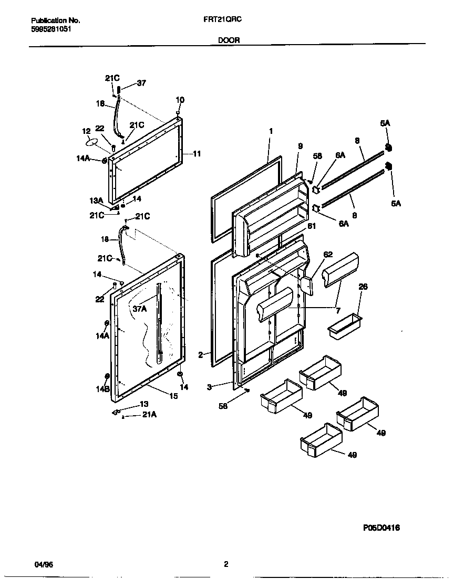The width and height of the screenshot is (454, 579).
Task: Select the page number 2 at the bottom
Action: click(226, 564)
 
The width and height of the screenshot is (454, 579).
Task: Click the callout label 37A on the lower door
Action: click(139, 309)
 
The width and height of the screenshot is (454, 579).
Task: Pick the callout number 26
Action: click(363, 287)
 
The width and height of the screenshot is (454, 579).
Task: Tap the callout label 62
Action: click(328, 255)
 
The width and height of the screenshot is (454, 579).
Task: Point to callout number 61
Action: click(312, 226)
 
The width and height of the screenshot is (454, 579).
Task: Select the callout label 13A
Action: click(95, 201)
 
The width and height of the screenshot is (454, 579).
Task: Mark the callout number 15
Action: click(173, 396)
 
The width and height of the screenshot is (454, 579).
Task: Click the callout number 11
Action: click(197, 154)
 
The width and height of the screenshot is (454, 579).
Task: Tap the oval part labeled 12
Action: click(91, 142)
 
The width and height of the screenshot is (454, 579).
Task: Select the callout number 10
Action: click(180, 100)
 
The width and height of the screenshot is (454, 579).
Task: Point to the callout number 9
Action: click(300, 146)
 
